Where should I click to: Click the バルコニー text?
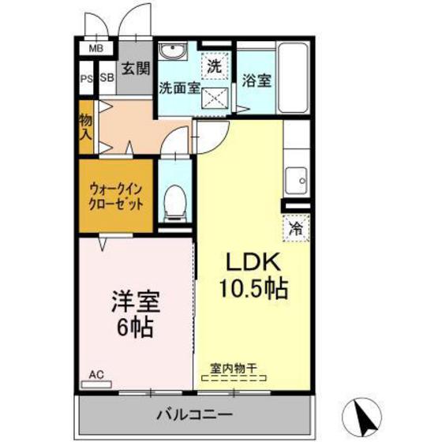coord(193,414)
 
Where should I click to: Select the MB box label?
coord(96,49)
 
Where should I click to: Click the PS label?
coord(87,79)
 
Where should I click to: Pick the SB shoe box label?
coord(107,79)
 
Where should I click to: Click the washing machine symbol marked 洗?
coord(215,66)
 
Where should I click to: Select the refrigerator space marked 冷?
coord(296,229)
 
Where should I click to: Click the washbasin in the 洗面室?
coord(171,52)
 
